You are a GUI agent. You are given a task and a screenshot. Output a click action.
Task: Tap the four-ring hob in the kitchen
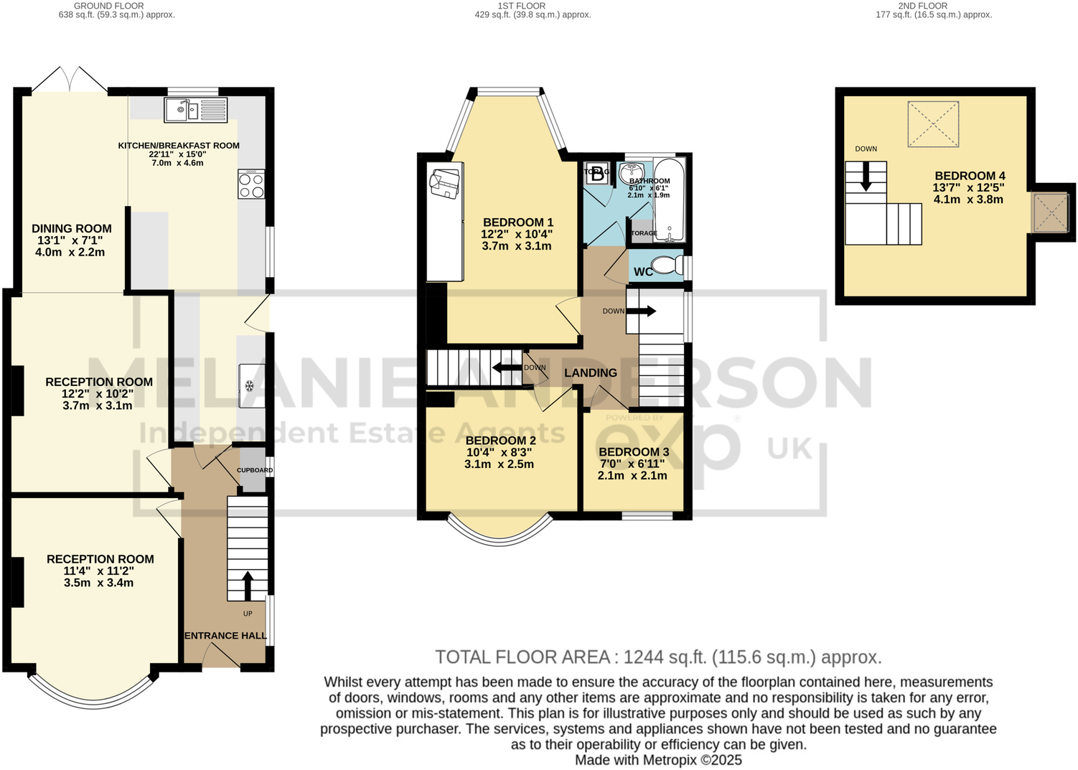click(x=251, y=184)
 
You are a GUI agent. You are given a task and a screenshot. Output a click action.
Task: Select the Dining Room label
click(x=71, y=229)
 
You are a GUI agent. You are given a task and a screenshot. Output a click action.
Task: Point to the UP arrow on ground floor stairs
click(x=248, y=586)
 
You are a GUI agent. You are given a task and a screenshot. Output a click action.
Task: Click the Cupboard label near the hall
click(x=255, y=471)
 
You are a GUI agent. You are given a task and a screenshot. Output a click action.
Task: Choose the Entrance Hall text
click(x=226, y=636)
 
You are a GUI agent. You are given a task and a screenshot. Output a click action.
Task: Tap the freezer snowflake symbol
click(x=250, y=387)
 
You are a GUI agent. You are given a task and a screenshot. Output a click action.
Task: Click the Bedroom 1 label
click(x=517, y=222)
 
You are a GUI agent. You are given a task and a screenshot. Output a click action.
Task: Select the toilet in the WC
click(x=667, y=265)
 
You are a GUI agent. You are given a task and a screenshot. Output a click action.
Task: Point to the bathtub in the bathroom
click(x=670, y=201)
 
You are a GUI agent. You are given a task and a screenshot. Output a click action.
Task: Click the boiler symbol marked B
click(x=597, y=174)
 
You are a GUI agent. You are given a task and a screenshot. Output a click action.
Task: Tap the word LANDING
click(x=590, y=373)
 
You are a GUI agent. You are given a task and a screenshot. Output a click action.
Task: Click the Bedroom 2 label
click(x=500, y=441)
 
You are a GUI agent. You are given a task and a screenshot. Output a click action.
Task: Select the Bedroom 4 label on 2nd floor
click(x=970, y=176)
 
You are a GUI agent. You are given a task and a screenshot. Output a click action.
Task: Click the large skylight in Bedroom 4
click(x=933, y=124)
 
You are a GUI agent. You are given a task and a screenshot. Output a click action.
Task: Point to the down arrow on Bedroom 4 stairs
click(x=866, y=177)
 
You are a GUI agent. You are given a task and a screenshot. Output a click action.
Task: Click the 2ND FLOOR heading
click(x=922, y=6)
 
